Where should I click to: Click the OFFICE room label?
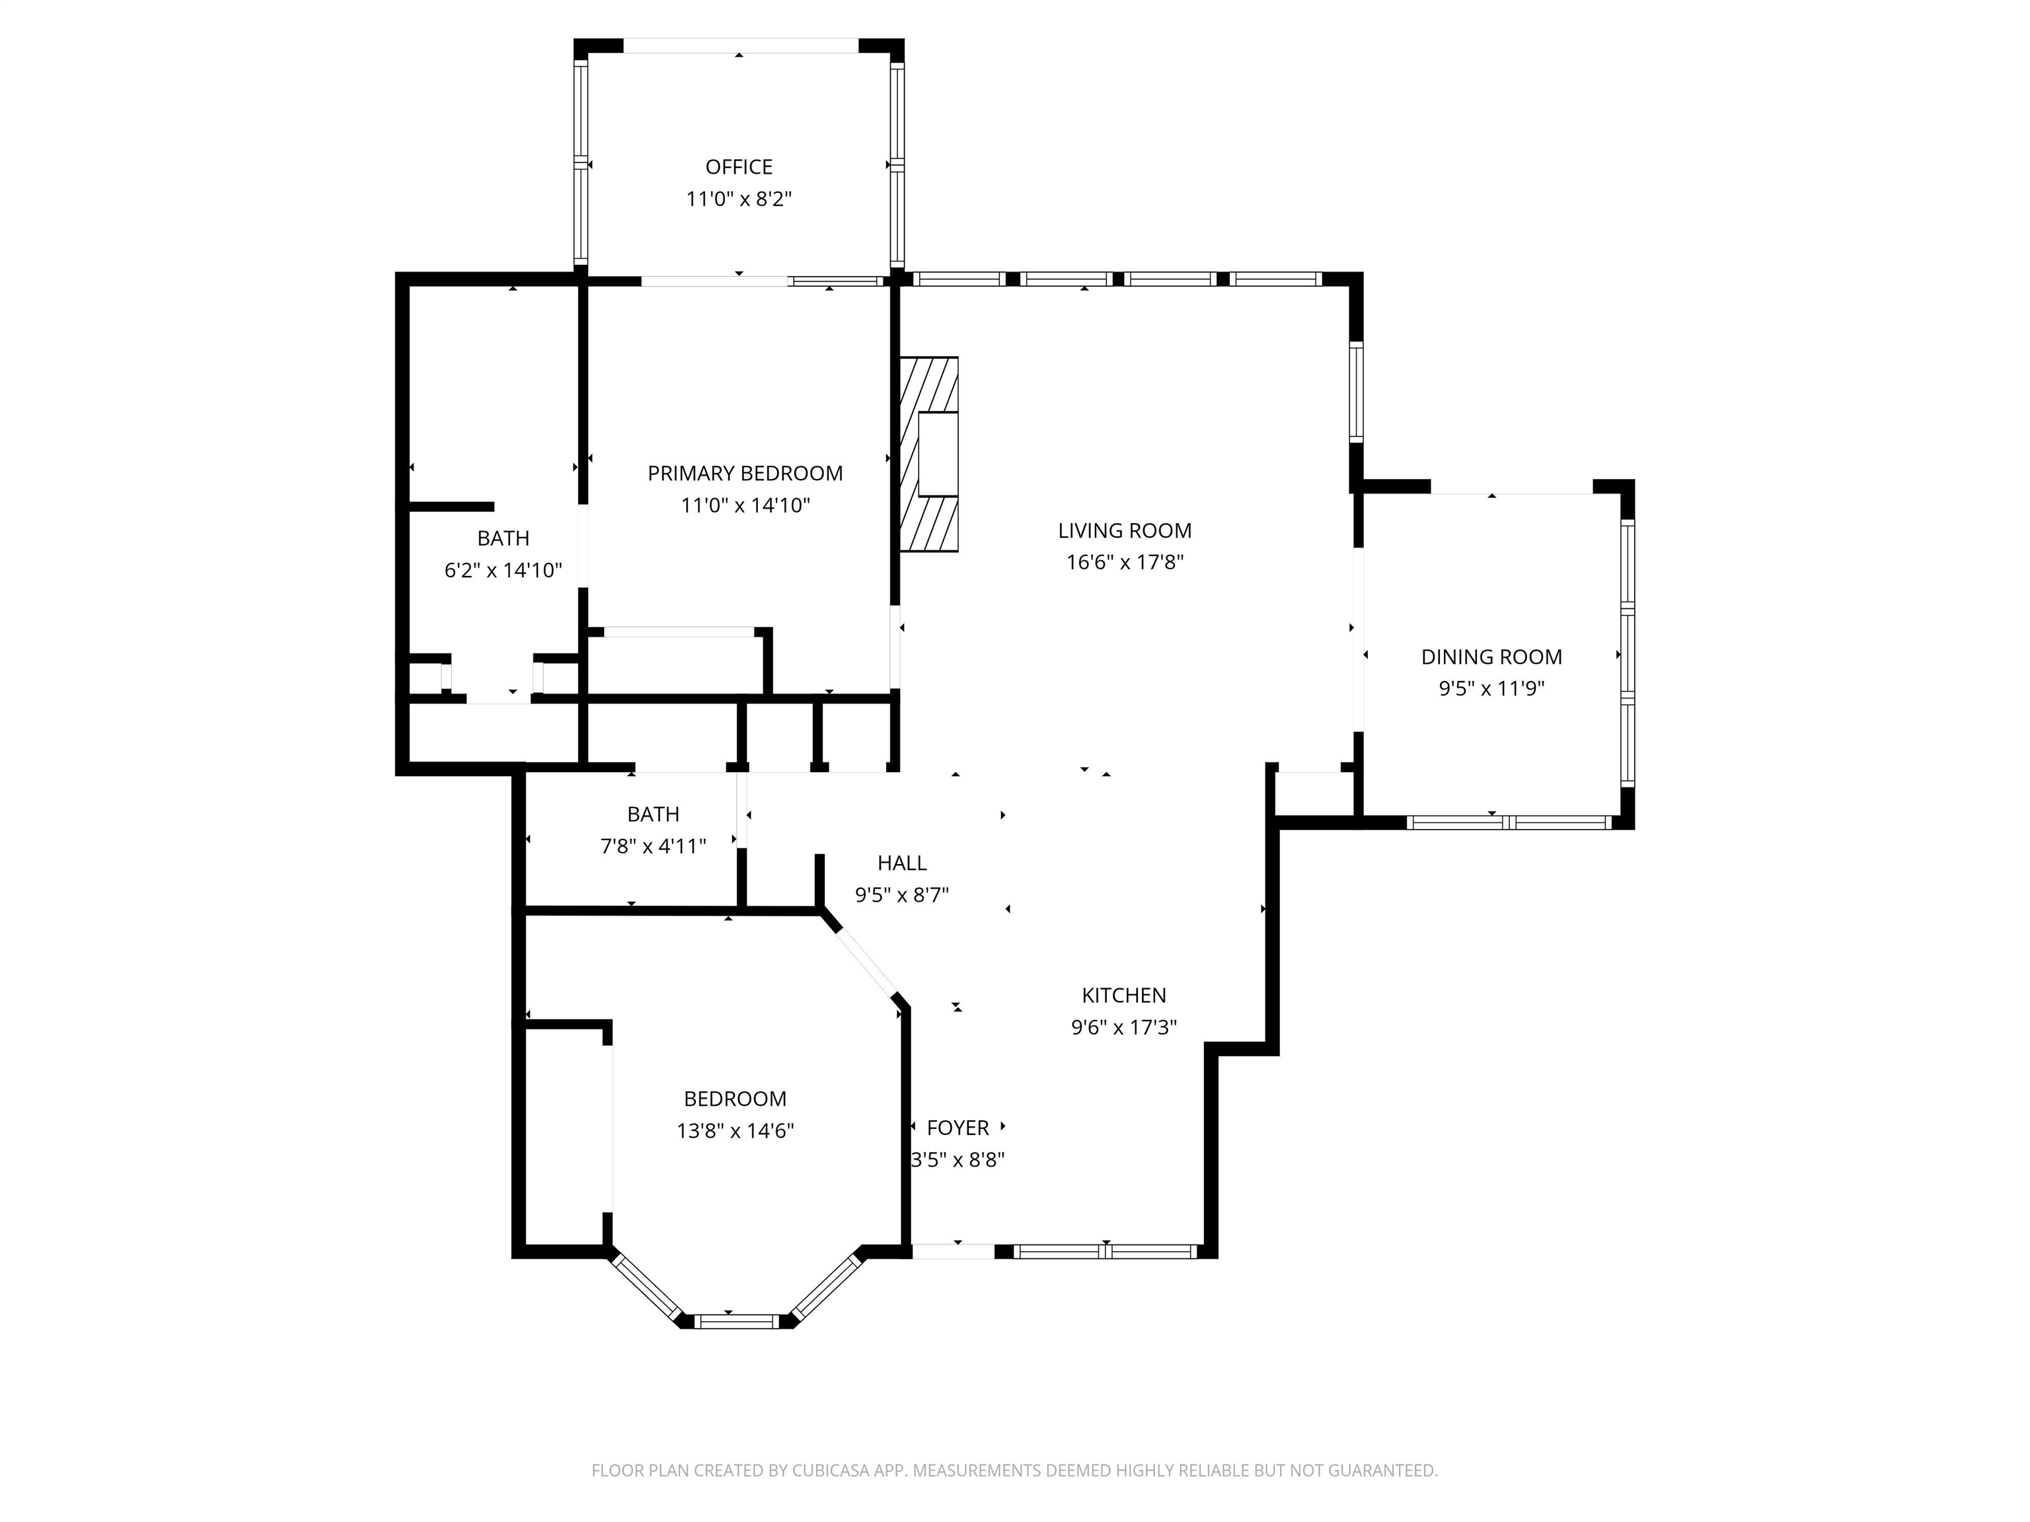click(739, 167)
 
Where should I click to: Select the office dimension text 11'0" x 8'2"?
click(739, 199)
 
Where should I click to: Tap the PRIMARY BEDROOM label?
click(745, 474)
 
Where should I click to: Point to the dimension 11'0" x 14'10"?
click(745, 505)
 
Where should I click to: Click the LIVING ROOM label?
click(1125, 530)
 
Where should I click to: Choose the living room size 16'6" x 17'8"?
click(1125, 562)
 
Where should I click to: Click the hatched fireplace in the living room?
click(928, 454)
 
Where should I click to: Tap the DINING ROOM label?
click(1491, 657)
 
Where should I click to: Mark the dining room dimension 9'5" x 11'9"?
click(1491, 689)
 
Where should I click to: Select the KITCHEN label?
click(1124, 996)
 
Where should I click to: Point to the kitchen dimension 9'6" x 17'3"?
click(1124, 1027)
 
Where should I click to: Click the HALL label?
click(902, 863)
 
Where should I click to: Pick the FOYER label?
click(958, 1128)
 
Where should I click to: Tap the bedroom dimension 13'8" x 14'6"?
click(735, 1131)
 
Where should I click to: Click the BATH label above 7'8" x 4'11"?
click(654, 815)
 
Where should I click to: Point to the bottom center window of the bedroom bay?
click(736, 1321)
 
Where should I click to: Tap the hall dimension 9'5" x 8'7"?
click(902, 895)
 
